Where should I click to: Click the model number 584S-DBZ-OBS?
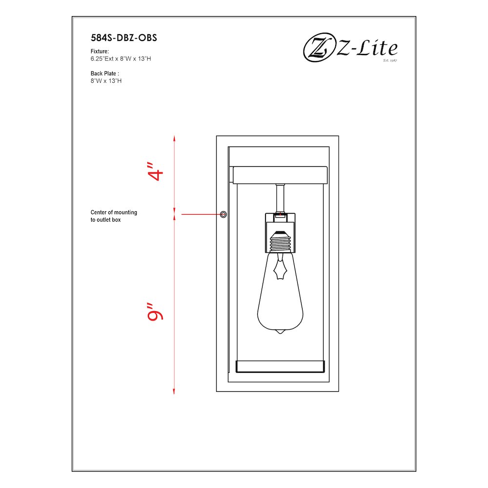[x=123, y=38]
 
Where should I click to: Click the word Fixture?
[x=100, y=51]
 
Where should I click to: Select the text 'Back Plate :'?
[x=105, y=74]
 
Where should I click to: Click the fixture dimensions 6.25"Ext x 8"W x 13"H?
[x=123, y=59]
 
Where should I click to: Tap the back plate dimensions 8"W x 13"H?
[x=106, y=81]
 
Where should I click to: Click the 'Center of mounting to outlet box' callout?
[x=114, y=216]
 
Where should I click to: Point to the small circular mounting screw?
[x=224, y=214]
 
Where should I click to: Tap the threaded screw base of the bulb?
[x=280, y=241]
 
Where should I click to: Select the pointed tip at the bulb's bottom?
[x=280, y=332]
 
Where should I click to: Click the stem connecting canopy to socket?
[x=280, y=198]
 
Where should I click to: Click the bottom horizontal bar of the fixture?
[x=280, y=366]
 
